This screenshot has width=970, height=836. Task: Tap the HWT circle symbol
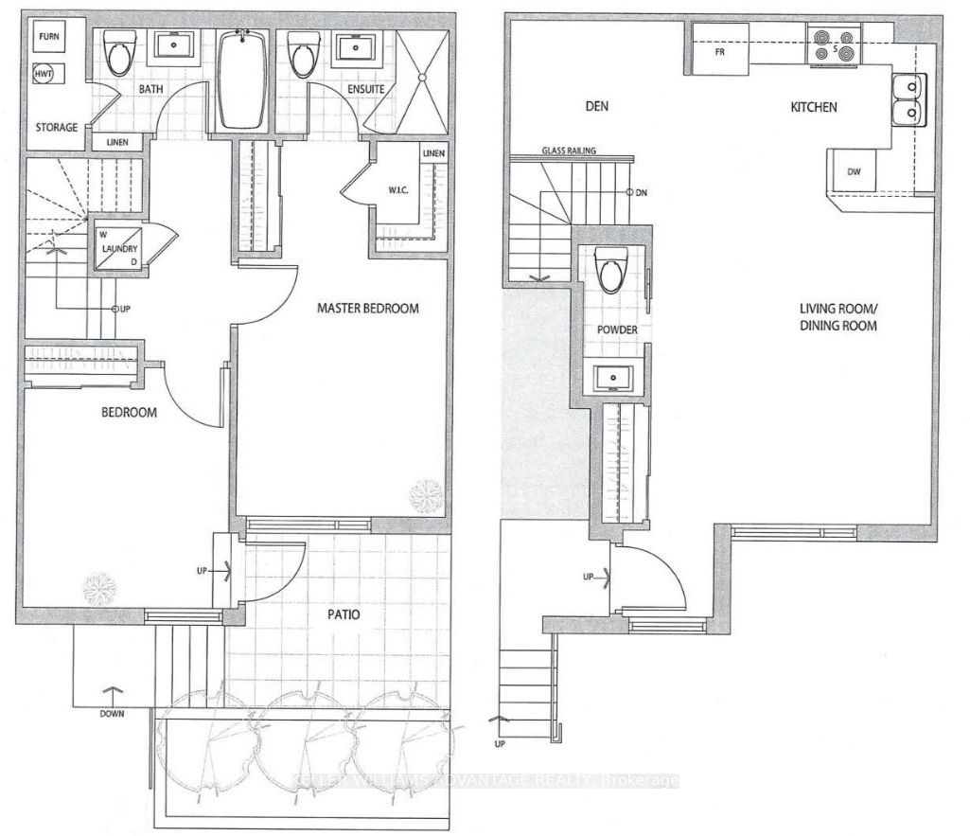tap(44, 74)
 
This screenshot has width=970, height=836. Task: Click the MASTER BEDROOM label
tap(367, 309)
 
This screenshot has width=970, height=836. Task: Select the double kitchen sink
tap(906, 100)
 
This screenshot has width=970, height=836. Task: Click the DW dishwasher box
tap(853, 171)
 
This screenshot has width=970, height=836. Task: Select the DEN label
tap(595, 107)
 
